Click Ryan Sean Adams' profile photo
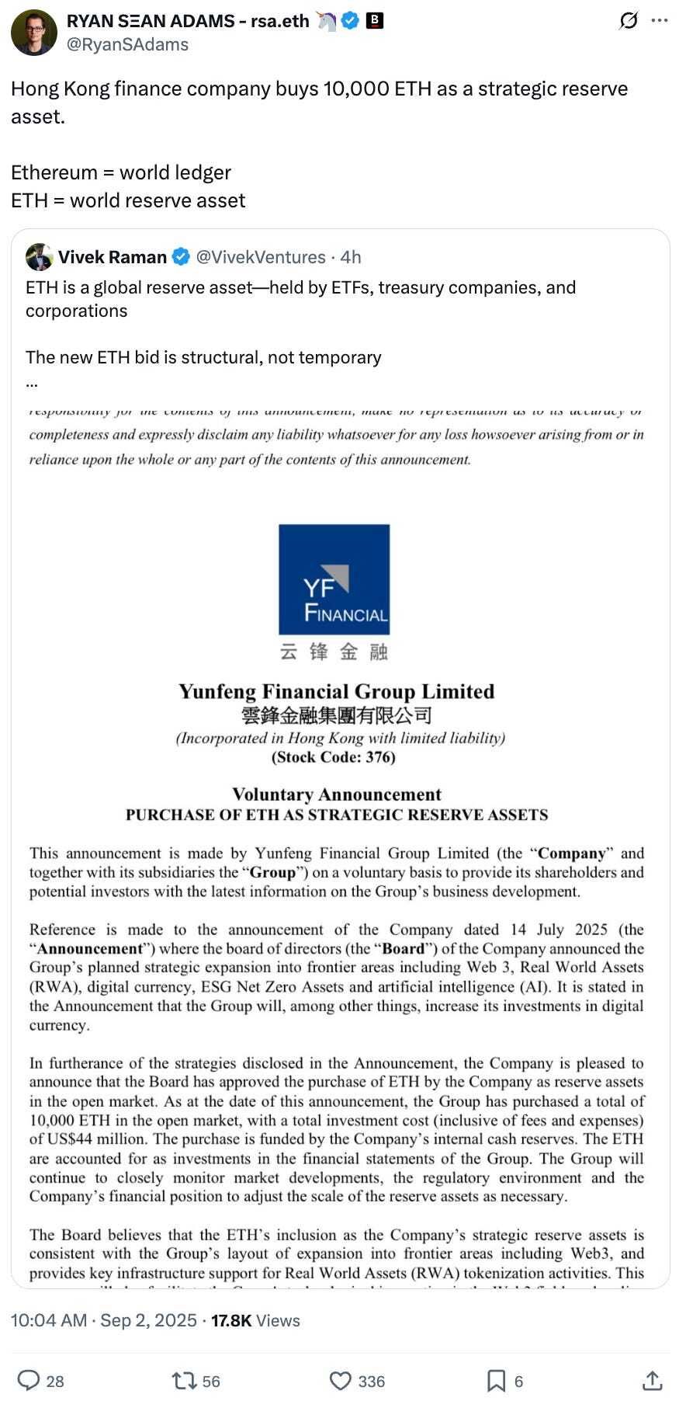[33, 33]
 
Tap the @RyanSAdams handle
[128, 44]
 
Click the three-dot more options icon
[660, 21]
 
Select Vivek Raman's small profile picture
[39, 257]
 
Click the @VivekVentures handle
[261, 257]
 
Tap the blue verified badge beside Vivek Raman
[181, 257]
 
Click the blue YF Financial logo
[334, 579]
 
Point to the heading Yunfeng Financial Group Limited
[336, 691]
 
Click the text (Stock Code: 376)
[334, 757]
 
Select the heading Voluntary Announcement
[337, 794]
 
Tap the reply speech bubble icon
[29, 1380]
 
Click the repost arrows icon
[184, 1380]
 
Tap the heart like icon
[341, 1380]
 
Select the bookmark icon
[496, 1380]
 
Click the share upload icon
[653, 1380]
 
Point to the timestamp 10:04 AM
[49, 1320]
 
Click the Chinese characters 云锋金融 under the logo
[334, 652]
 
